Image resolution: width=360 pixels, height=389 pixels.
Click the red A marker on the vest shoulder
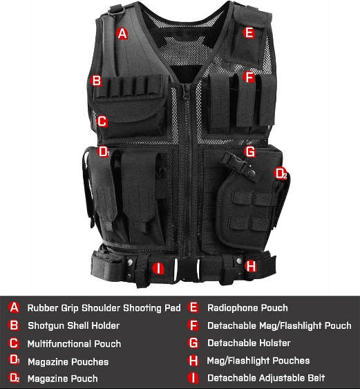coord(122,32)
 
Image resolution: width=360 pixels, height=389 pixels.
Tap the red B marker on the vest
coord(97,81)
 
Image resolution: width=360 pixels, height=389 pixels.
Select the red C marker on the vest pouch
coord(102,122)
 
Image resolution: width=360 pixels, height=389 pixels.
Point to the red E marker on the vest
coord(249,32)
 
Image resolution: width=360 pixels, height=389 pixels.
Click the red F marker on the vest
coord(249,78)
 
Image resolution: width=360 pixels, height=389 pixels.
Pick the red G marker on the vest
coord(250,151)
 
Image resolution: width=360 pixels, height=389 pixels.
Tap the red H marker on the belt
coord(251,265)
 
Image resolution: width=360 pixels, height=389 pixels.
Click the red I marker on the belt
coord(158,267)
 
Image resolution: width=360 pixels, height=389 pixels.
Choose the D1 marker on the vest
coord(104,151)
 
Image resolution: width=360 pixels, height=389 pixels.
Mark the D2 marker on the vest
coord(281,173)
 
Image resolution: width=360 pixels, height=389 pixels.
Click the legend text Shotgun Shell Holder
coord(73,325)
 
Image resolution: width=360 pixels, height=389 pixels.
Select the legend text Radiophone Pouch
coord(247,307)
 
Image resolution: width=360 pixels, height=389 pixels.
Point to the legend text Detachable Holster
coord(249,343)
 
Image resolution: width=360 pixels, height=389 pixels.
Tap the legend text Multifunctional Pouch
coord(74,343)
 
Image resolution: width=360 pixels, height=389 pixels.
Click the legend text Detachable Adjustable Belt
coord(266,378)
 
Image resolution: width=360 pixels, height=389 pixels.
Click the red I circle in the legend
coord(193,378)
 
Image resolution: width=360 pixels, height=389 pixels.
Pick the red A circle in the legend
coord(14,307)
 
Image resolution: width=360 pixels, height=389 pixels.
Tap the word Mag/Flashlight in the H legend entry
coord(238,361)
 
